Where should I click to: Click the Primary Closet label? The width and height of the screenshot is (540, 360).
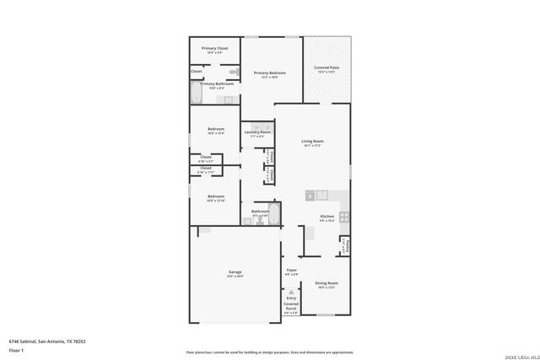(x=214, y=49)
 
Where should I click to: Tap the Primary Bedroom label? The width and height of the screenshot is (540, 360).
(x=270, y=73)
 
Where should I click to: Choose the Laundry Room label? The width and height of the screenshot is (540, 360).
(x=257, y=132)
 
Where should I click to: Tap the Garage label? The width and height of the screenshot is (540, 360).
(x=235, y=271)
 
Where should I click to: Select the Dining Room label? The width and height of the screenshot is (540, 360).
(x=327, y=283)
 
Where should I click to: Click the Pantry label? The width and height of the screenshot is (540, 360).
(x=346, y=246)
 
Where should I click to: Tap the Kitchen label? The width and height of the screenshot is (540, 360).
(x=327, y=217)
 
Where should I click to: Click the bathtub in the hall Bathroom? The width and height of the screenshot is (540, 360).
(x=273, y=213)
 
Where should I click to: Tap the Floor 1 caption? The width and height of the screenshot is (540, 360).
(x=16, y=349)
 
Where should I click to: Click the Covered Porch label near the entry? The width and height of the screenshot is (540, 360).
(x=291, y=304)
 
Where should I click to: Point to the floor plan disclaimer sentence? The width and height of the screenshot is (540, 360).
(x=269, y=352)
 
